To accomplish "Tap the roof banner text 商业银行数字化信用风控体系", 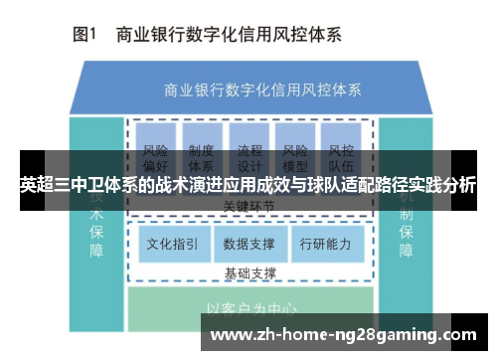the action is [x=249, y=88].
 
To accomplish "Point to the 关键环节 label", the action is [x=249, y=206].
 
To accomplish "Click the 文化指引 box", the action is [x=172, y=243].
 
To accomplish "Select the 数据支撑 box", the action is [x=249, y=243].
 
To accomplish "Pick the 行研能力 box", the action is [x=325, y=243].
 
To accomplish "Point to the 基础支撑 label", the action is [x=249, y=272].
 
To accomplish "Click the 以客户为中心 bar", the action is [x=249, y=308].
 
